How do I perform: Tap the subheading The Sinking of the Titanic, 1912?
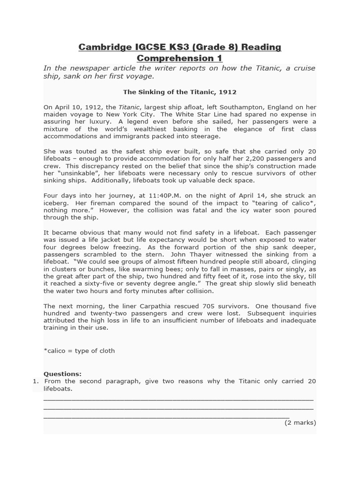click(180, 92)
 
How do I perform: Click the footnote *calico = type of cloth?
click(79, 350)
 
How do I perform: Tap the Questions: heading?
click(62, 374)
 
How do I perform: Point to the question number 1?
click(36, 381)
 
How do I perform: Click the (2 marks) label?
click(300, 422)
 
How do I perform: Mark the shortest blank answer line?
click(166, 417)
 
